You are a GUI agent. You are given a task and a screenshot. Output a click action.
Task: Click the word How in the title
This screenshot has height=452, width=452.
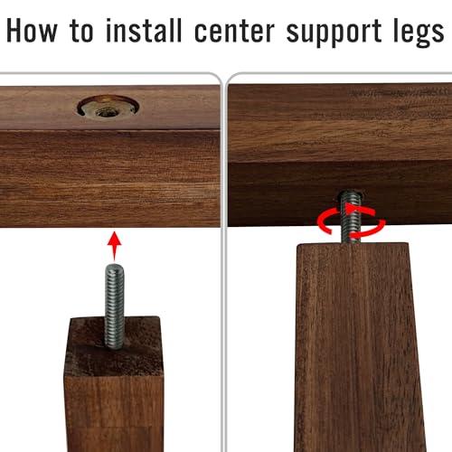click(32, 30)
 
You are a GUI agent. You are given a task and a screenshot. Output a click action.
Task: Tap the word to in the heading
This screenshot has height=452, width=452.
click(81, 31)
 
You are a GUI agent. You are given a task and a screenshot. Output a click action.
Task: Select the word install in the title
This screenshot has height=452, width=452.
click(144, 30)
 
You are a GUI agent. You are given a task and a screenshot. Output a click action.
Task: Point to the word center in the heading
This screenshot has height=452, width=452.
click(234, 32)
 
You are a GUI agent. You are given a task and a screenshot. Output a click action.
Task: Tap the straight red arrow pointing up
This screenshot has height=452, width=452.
click(114, 246)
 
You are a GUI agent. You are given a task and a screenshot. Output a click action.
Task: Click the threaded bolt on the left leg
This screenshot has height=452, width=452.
click(114, 306)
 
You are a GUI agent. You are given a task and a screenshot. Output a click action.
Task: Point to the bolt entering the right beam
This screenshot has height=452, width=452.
click(351, 216)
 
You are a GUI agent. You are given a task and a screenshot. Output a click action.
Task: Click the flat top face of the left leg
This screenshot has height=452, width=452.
click(114, 346)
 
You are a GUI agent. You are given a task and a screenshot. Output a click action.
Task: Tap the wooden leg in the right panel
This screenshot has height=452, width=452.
click(359, 347)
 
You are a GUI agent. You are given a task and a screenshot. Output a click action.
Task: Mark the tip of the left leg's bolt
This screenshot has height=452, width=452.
click(114, 265)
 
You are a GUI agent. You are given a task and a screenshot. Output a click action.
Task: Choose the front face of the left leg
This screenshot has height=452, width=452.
click(114, 413)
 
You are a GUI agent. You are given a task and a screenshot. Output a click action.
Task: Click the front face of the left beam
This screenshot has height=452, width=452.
click(110, 178)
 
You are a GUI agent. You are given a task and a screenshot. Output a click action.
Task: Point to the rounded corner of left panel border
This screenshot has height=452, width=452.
click(216, 77)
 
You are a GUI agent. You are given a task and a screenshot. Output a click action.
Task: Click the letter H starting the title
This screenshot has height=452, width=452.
click(14, 30)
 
